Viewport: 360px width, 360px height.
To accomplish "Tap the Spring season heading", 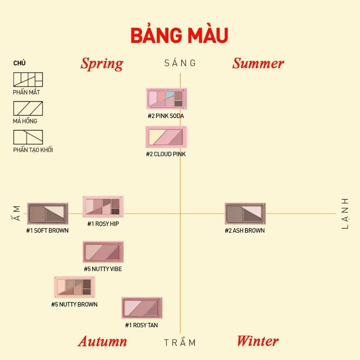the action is (102, 64).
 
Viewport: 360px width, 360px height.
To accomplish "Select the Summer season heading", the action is (258, 63).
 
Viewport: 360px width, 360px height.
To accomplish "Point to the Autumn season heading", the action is (102, 341).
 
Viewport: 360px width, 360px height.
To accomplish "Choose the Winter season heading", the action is (258, 341).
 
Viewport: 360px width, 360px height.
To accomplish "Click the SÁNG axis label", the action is (180, 63).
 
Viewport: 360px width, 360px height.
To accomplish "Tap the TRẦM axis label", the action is (180, 342).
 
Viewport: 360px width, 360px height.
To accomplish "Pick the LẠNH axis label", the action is (345, 213).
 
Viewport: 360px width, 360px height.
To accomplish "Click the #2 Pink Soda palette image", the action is (166, 99).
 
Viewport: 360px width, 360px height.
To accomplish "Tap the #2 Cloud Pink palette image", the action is (166, 137).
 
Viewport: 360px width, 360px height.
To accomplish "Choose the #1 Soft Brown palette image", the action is (48, 213).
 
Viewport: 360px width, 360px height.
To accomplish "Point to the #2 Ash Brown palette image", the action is (245, 213).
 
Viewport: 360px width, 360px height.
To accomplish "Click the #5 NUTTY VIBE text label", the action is (103, 269).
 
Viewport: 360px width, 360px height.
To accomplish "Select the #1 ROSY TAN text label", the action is (141, 325).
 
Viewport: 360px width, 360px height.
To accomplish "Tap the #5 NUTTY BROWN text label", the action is (75, 304).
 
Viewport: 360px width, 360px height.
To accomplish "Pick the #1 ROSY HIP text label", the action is (103, 224).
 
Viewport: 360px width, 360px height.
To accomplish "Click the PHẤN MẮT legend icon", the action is (28, 79).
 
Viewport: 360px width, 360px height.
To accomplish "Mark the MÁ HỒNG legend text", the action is (25, 121).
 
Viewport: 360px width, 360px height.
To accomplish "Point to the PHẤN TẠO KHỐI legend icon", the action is (28, 137).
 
